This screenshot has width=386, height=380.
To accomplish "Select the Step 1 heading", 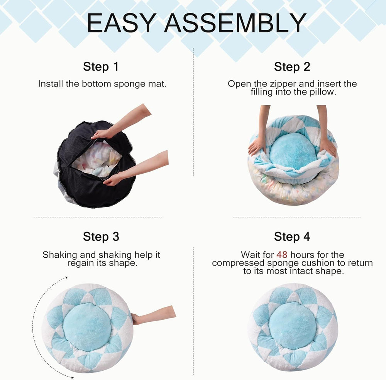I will coord(101,67).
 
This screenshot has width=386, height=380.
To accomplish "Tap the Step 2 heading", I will coord(292,67).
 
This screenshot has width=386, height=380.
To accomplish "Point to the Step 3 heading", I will coord(101,236).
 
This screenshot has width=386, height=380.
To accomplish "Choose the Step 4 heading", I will coord(292,236).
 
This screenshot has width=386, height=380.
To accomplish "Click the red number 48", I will coord(282,255).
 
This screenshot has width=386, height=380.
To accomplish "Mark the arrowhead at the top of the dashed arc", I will coord(66,277).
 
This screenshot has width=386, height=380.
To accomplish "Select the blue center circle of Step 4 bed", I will coord(292,325).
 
